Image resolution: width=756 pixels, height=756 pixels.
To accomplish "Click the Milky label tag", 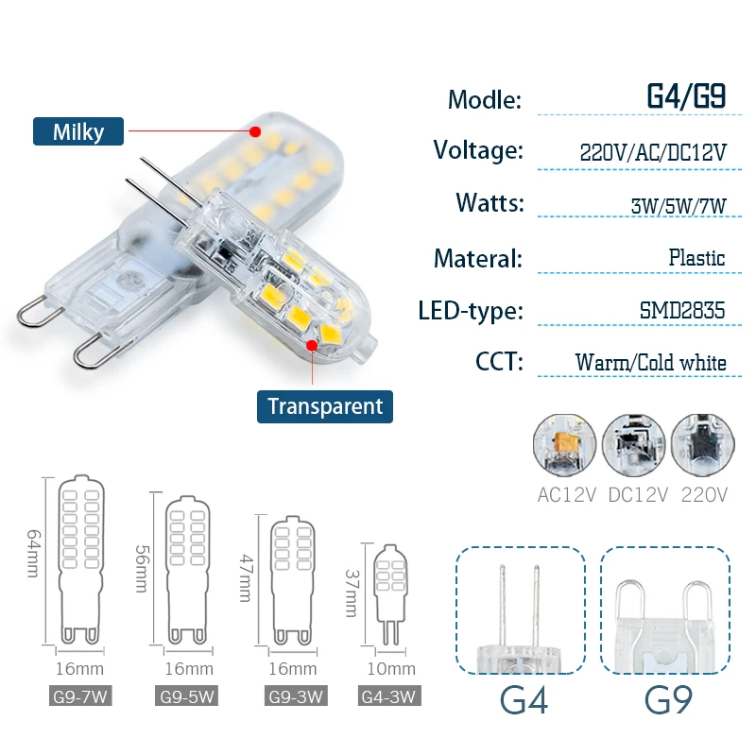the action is pos(78,131).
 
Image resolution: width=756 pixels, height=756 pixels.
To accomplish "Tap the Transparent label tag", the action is pos(325,406).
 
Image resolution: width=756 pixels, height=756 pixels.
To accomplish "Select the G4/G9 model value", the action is pos(685,97).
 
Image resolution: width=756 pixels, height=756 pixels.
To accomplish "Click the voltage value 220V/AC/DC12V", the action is pos(652,151).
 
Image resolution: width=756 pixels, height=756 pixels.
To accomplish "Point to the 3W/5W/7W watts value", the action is pos(678,204).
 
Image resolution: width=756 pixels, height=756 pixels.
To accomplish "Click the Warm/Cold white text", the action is pos(650,363).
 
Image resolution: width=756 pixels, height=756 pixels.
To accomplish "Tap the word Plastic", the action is pos(696,257).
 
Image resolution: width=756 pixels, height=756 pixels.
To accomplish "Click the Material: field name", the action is pos(477,258).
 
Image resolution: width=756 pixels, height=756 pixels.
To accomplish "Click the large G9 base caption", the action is pos(668,700).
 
